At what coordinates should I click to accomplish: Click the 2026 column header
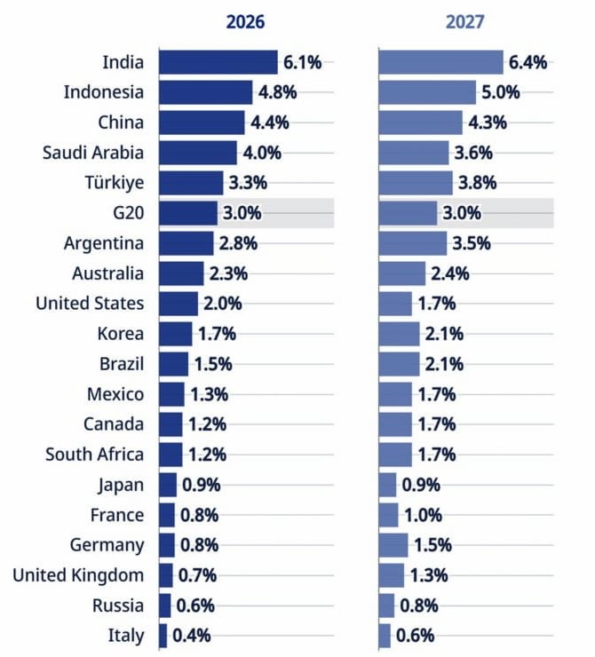[246, 21]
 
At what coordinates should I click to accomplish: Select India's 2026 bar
[218, 62]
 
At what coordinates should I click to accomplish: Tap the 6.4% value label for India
[528, 62]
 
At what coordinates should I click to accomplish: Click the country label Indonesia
[104, 92]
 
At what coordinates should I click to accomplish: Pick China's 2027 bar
[421, 123]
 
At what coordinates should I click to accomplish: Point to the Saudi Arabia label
[93, 153]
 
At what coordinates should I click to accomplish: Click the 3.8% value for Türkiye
[475, 183]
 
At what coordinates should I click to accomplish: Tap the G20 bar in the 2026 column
[188, 213]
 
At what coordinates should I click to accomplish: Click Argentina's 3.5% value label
[471, 243]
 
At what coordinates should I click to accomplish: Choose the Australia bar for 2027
[402, 273]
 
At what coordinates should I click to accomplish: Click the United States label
[90, 304]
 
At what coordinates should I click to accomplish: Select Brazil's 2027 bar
[399, 364]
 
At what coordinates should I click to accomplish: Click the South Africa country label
[95, 455]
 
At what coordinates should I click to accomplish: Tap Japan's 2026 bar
[168, 485]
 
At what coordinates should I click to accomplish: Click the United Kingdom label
[78, 575]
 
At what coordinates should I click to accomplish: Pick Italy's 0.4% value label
[191, 636]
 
